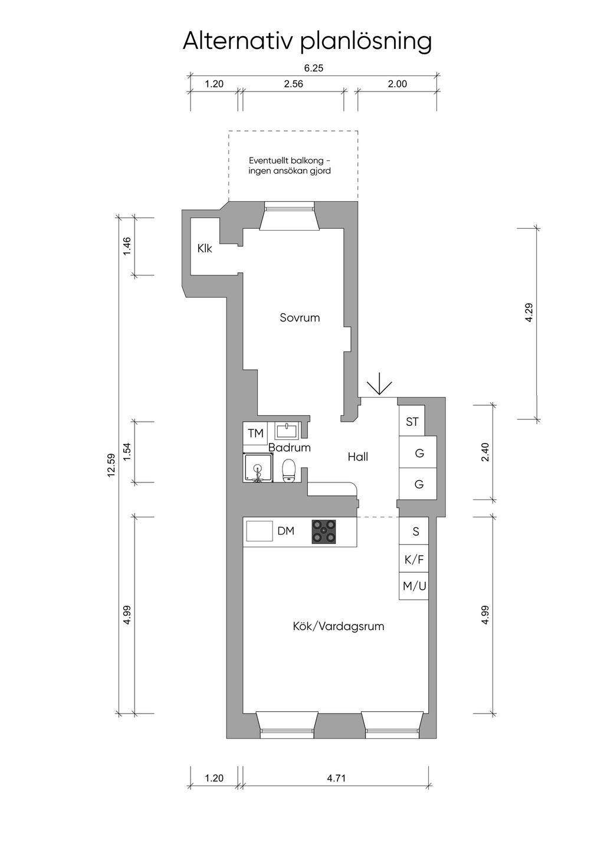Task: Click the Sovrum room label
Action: point(300,317)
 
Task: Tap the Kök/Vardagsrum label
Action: point(338,626)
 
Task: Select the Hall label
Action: point(357,456)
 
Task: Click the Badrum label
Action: point(290,447)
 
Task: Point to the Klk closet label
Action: point(205,248)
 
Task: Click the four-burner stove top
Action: point(324,531)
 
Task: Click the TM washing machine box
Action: point(255,433)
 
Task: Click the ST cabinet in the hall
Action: point(412,421)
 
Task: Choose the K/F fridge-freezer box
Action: point(413,560)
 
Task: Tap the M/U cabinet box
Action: point(413,586)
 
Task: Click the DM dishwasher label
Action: point(285,531)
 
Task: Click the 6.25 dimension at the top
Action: point(313,68)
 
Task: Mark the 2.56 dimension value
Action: point(293,84)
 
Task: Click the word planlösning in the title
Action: point(366,42)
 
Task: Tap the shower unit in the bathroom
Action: point(258,468)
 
